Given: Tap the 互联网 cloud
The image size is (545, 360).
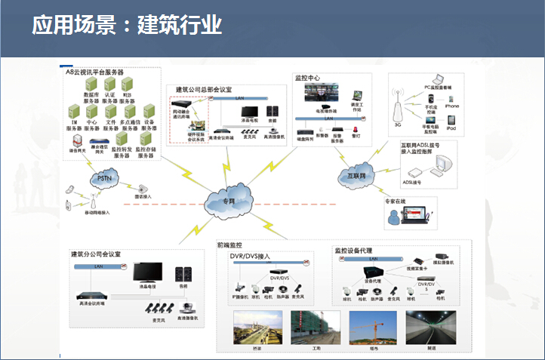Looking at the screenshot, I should pyautogui.click(x=353, y=177).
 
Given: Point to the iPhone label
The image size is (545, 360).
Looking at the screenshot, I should pyautogui.click(x=451, y=106).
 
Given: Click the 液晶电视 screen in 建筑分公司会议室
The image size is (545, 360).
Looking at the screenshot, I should pyautogui.click(x=147, y=272).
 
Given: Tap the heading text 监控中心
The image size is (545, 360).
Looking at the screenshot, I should pyautogui.click(x=308, y=78).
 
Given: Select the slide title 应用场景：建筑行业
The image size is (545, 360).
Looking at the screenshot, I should pyautogui.click(x=127, y=25).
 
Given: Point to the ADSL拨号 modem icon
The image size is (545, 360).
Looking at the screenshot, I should pyautogui.click(x=413, y=171).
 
